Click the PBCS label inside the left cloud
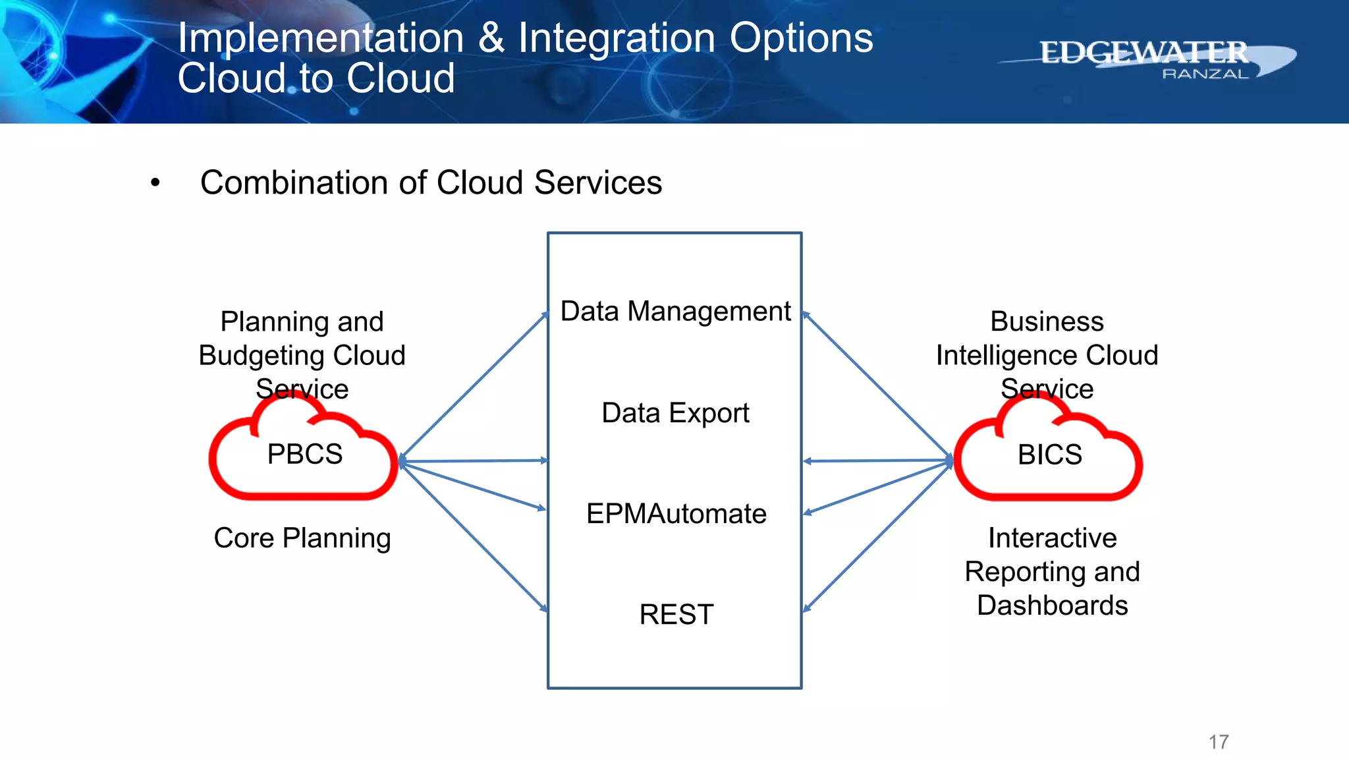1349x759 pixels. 304,455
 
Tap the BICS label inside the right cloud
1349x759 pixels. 1049,455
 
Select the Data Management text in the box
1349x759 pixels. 675,311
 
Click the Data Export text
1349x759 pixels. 675,413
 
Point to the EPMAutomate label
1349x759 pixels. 676,514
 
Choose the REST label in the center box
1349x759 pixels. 676,615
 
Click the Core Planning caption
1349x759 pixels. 302,538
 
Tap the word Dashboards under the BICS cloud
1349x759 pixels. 1052,605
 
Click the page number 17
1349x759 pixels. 1219,742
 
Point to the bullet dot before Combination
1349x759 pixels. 155,183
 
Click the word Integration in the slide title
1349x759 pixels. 617,38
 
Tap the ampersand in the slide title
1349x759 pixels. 491,38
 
